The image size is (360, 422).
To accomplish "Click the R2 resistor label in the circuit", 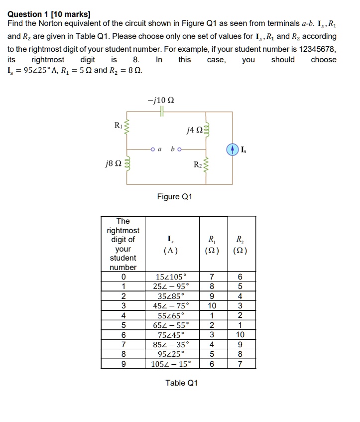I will (x=198, y=164).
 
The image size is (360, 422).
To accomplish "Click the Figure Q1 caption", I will (x=175, y=196).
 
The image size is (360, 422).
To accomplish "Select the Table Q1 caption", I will (x=181, y=383).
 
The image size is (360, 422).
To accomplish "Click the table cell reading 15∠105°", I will (x=171, y=277).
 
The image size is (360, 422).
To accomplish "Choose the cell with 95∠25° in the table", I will (x=171, y=354).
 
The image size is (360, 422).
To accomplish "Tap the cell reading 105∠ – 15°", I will (x=171, y=364).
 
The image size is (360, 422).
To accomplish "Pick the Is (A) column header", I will (x=171, y=244).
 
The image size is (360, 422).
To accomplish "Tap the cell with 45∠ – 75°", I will (x=171, y=305).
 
